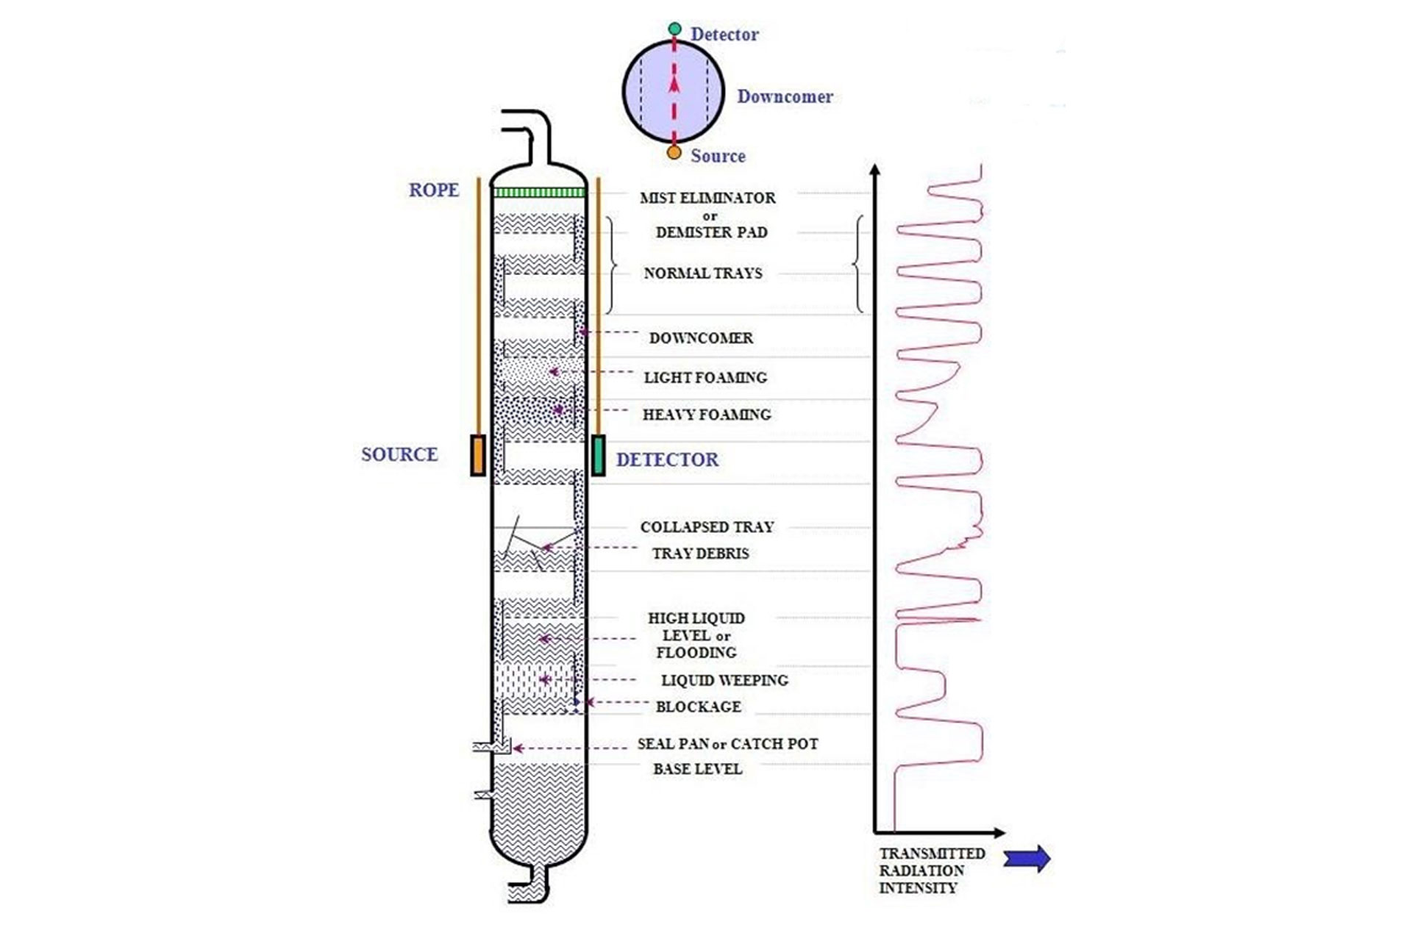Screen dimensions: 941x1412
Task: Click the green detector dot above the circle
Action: (x=674, y=29)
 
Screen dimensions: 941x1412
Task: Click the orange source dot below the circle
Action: (x=674, y=153)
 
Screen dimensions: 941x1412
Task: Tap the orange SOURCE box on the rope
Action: (x=478, y=455)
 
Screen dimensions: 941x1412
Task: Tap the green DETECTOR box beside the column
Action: (x=599, y=455)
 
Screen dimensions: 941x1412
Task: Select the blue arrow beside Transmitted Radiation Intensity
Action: (x=1027, y=858)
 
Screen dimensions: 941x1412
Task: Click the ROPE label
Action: (x=433, y=190)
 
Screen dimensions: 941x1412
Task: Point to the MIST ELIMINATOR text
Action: (x=707, y=198)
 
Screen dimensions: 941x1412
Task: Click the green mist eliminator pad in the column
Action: (x=538, y=193)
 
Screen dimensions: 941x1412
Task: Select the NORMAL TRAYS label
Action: (x=702, y=273)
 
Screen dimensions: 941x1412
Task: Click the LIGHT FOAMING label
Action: (x=705, y=378)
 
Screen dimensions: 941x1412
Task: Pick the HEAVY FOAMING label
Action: (x=706, y=415)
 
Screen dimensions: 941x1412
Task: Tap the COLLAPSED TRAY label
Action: (x=707, y=527)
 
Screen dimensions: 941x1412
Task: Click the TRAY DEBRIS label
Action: (x=700, y=554)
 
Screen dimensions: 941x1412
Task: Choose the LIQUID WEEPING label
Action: (x=724, y=681)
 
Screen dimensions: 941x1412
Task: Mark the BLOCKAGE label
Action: (x=698, y=707)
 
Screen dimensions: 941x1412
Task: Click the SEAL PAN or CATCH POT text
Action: (x=727, y=744)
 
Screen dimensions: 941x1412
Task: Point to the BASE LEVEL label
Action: (x=697, y=769)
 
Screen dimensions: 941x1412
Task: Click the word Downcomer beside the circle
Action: (x=785, y=97)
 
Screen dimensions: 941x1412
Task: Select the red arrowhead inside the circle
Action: (x=674, y=85)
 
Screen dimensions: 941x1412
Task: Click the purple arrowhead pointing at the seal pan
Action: (x=518, y=748)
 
